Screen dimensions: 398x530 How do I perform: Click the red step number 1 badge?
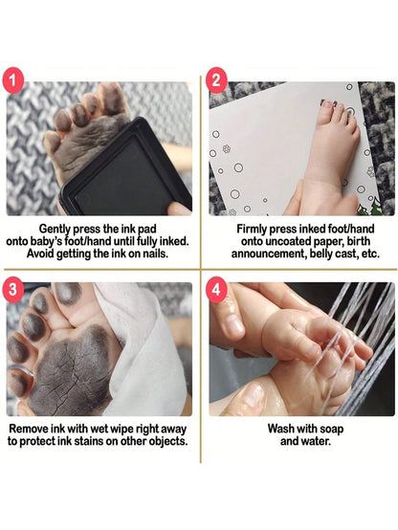[x=12, y=80]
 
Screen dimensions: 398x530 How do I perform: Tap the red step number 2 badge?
[x=216, y=80]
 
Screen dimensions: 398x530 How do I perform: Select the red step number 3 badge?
[x=12, y=290]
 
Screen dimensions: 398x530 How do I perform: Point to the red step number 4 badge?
[x=216, y=290]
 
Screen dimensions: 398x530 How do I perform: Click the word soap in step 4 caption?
[x=331, y=430]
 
